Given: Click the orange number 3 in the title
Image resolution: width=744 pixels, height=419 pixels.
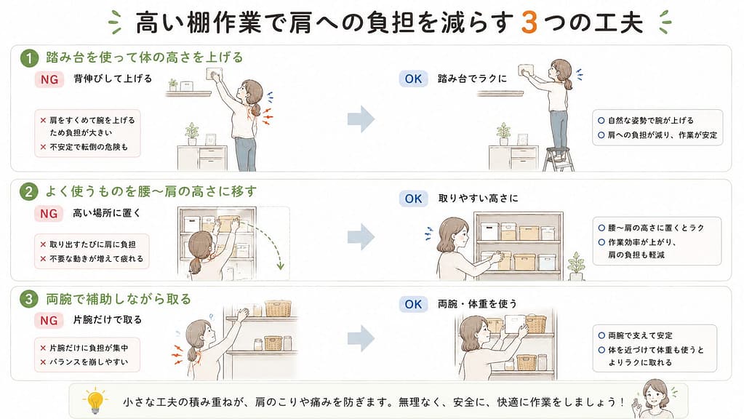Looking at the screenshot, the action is [x=529, y=23].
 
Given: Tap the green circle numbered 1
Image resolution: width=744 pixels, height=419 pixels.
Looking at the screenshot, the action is [x=29, y=59].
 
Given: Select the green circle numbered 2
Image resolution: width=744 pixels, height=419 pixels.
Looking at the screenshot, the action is [x=29, y=192].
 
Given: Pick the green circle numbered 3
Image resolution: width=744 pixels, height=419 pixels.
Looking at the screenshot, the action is [x=29, y=300].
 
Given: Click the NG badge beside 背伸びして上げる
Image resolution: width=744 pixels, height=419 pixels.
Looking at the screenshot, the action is [x=49, y=79].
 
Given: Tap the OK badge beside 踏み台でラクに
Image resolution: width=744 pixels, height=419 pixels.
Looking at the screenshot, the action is [x=413, y=79].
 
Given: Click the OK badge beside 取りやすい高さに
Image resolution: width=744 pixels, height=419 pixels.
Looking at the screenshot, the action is [x=413, y=199].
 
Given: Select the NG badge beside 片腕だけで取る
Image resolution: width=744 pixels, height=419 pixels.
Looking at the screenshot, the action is [x=49, y=320].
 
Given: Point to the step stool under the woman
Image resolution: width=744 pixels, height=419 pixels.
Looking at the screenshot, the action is [x=559, y=159].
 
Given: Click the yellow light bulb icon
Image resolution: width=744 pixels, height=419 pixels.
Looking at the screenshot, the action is [x=95, y=400].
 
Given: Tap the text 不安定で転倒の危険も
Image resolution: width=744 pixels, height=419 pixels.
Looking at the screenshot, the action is [x=89, y=147].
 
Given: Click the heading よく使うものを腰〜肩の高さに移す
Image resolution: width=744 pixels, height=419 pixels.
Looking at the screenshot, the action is [x=151, y=191].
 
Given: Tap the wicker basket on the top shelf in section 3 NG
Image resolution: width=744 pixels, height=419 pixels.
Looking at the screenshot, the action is [x=278, y=308].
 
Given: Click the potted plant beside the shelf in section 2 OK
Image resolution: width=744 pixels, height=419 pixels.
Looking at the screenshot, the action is [x=576, y=266].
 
